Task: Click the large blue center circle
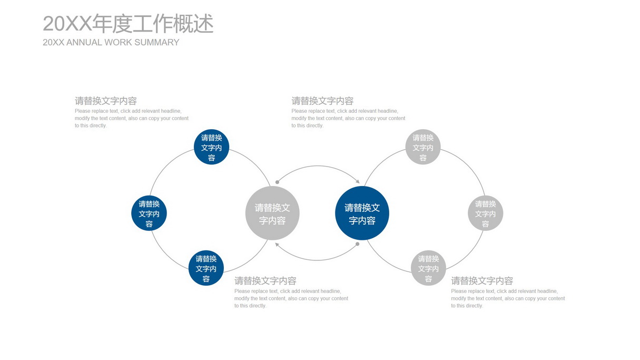pyautogui.click(x=362, y=213)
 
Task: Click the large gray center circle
pyautogui.click(x=272, y=213)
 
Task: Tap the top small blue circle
pyautogui.click(x=211, y=147)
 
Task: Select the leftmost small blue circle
pyautogui.click(x=149, y=213)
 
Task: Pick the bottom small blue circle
pyautogui.click(x=206, y=268)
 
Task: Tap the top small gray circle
pyautogui.click(x=423, y=147)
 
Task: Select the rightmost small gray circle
pyautogui.click(x=486, y=213)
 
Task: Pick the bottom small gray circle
pyautogui.click(x=428, y=268)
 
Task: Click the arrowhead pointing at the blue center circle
pyautogui.click(x=358, y=181)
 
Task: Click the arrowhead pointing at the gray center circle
pyautogui.click(x=277, y=245)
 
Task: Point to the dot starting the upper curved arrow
pyautogui.click(x=277, y=182)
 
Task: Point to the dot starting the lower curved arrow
pyautogui.click(x=358, y=244)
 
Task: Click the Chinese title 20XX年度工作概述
pyautogui.click(x=128, y=23)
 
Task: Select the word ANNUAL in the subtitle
pyautogui.click(x=84, y=42)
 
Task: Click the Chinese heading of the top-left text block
pyautogui.click(x=106, y=101)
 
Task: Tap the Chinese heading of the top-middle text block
pyautogui.click(x=322, y=101)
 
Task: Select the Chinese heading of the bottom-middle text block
pyautogui.click(x=265, y=281)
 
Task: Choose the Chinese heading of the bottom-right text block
pyautogui.click(x=482, y=281)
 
